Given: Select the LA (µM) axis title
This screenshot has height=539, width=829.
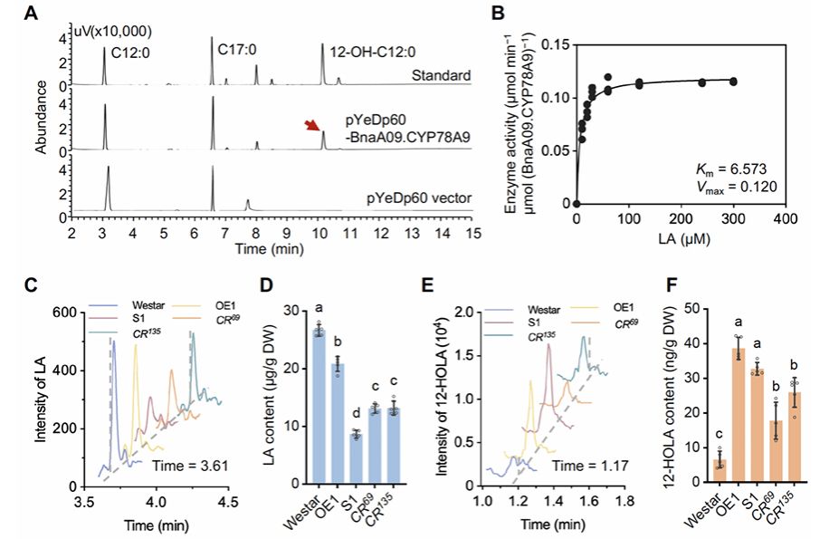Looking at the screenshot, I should click(x=681, y=238).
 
